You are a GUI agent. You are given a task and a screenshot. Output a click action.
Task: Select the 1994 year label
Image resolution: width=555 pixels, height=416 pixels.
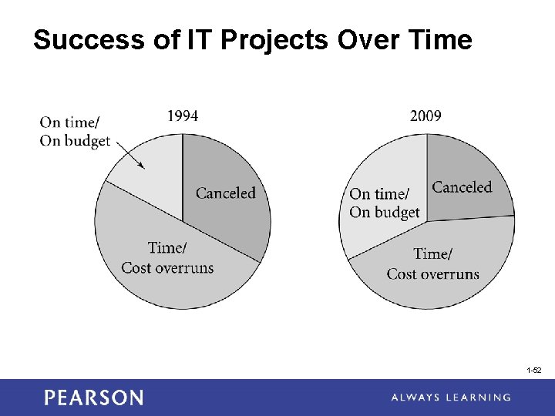183,116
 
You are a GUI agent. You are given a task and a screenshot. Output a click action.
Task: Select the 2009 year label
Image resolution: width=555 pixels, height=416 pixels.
425,116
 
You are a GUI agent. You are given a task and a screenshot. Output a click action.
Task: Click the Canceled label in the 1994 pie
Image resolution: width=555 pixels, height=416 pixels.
225,193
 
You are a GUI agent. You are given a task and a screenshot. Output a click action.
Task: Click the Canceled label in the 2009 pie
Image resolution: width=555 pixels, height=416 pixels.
462,187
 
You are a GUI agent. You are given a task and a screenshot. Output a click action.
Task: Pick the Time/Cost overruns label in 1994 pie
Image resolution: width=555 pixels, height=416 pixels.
167,258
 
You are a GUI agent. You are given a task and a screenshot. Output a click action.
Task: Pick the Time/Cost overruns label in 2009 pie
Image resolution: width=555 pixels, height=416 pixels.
432,263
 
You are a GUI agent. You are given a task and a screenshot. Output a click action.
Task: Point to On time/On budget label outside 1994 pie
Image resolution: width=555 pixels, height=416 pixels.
75,131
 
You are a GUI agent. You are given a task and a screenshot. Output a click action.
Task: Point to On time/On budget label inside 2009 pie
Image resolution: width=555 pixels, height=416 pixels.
385,203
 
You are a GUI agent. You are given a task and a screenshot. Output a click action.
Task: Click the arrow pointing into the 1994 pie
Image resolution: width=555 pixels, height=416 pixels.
128,155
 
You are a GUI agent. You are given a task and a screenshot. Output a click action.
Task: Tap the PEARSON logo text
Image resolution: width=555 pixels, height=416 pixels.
93,398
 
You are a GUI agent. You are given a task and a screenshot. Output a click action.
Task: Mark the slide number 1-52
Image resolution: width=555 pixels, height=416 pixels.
534,371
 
